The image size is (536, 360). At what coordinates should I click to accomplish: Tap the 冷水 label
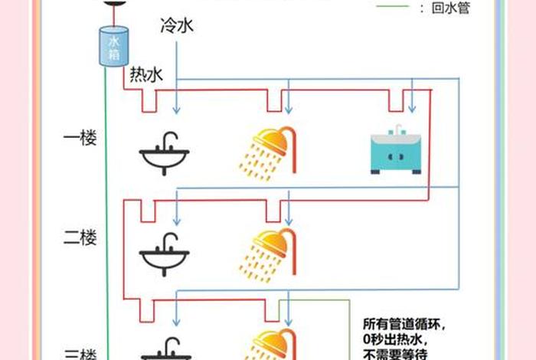(177, 27)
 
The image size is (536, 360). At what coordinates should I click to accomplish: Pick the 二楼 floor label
(80, 237)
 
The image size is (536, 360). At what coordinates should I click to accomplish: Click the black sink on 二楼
(164, 254)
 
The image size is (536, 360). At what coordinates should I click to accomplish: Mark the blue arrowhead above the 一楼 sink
(177, 112)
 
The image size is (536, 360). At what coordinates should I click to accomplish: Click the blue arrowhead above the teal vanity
(411, 112)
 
